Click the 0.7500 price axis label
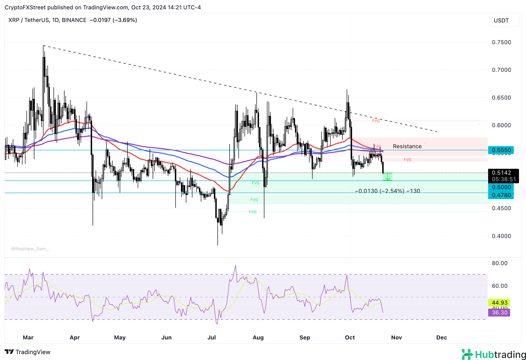tap(501, 42)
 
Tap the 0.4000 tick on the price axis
tap(501, 236)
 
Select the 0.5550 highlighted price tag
tap(501, 150)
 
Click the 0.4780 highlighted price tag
tap(501, 195)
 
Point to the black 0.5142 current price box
tap(503, 176)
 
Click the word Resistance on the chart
tap(407, 146)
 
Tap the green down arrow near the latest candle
tap(387, 177)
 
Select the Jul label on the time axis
tap(211, 337)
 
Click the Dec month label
tap(441, 337)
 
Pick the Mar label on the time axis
tap(28, 337)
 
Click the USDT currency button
tap(504, 21)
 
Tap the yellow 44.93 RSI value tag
tap(499, 302)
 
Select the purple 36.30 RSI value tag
tap(499, 312)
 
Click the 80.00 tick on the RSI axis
tap(499, 263)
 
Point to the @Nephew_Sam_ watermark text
tap(30, 249)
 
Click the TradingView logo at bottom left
tap(28, 352)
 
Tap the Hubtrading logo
tap(493, 354)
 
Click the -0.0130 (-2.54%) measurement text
tap(387, 191)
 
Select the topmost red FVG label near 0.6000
tap(376, 121)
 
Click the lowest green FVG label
tap(253, 212)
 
